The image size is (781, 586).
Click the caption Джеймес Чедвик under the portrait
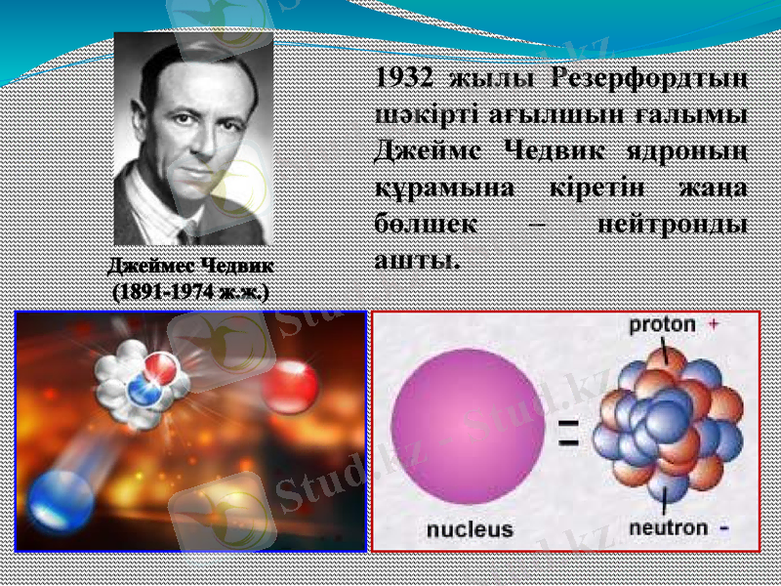coord(190,265)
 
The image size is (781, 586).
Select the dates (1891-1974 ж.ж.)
coord(190,291)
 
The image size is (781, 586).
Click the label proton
coord(662,323)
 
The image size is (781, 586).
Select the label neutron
coord(668,527)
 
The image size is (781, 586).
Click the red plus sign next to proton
coord(714,323)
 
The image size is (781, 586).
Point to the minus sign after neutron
coord(724,528)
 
